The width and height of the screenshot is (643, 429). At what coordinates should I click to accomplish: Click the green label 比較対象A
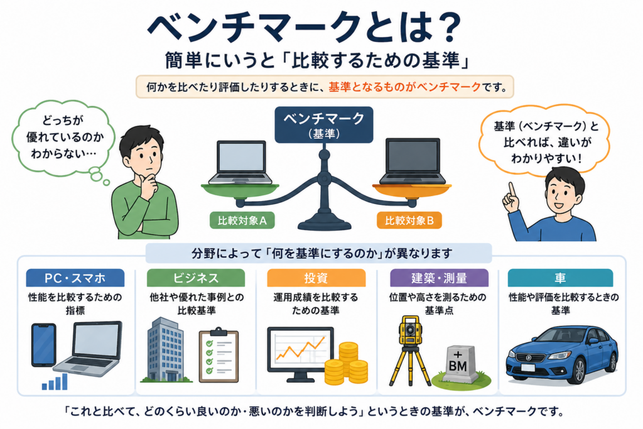(242, 220)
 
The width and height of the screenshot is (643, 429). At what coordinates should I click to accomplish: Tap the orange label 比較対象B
(409, 220)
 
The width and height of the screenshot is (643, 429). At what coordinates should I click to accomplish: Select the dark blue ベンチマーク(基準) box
(324, 125)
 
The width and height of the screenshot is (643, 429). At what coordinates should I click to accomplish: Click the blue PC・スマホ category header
(75, 278)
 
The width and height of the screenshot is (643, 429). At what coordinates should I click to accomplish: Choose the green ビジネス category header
(196, 278)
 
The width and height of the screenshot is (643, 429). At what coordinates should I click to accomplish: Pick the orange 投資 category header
(316, 278)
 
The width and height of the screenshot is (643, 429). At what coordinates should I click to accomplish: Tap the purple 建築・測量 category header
(439, 278)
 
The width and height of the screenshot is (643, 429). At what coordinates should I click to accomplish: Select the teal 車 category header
(560, 278)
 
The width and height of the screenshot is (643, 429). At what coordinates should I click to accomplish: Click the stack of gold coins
(347, 364)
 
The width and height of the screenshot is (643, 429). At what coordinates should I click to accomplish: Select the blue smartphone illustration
(43, 345)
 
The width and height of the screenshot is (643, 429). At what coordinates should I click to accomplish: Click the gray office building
(165, 349)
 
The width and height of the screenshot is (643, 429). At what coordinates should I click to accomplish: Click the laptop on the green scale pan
(240, 163)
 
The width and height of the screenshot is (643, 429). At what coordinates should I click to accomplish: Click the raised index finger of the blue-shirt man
(511, 191)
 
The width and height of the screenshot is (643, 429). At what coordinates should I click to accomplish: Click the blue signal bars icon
(55, 382)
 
